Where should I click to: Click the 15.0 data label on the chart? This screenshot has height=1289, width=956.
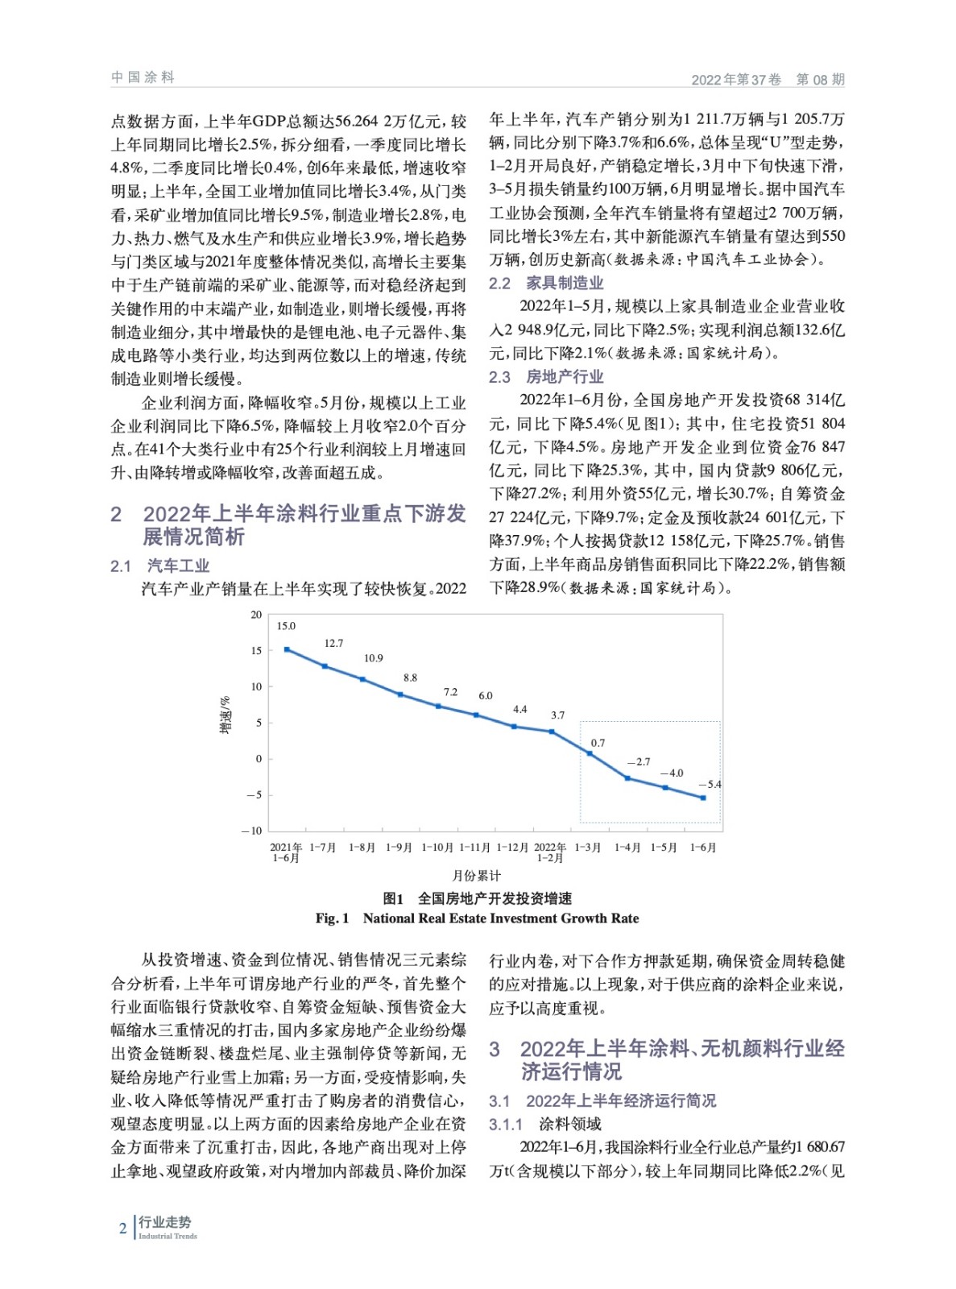[x=286, y=626]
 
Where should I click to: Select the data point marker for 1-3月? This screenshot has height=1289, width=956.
[x=590, y=754]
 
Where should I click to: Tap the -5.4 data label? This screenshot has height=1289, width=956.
[x=710, y=785]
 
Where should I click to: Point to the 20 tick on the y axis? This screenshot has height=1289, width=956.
[x=256, y=615]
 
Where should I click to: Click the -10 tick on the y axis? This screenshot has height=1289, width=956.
[x=252, y=831]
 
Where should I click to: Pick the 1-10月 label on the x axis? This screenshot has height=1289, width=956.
[x=437, y=848]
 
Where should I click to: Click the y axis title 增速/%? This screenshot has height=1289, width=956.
[x=226, y=715]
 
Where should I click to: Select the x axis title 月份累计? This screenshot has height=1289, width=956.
[x=477, y=876]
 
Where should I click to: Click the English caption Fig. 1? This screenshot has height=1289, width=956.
[x=333, y=918]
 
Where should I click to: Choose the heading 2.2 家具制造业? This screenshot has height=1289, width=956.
[x=546, y=283]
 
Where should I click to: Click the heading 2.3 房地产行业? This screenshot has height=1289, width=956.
[x=546, y=377]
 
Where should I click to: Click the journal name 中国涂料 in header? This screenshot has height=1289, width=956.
[x=143, y=77]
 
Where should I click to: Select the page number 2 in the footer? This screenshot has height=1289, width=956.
[x=122, y=1229]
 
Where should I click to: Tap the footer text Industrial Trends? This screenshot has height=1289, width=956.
[x=168, y=1236]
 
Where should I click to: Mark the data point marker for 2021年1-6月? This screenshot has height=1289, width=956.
[x=287, y=649]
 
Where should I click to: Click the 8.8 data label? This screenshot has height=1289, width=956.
[x=410, y=678]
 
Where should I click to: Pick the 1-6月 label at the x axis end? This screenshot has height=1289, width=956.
[x=702, y=848]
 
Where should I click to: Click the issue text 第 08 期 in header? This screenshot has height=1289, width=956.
[x=820, y=79]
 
